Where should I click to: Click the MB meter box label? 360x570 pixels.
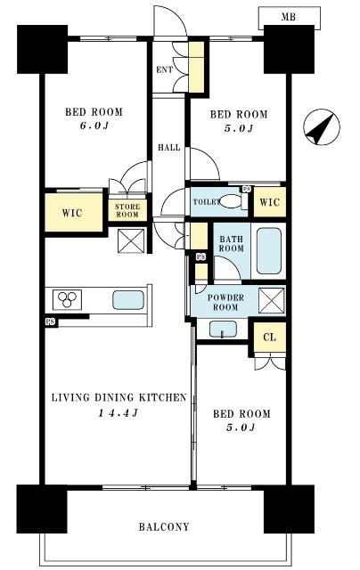[288, 17]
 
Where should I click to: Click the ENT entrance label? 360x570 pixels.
[164, 69]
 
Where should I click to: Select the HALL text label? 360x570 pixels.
[168, 147]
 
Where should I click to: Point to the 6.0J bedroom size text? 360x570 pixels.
[94, 126]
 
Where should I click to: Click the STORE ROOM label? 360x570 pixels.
[127, 210]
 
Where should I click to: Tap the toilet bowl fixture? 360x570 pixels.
[231, 201]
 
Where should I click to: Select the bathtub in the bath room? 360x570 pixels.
[269, 251]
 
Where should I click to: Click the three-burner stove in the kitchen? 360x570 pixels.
[67, 299]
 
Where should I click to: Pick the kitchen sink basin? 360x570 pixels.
[128, 300]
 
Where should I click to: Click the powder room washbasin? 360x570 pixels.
[223, 330]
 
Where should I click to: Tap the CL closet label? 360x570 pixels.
[269, 338]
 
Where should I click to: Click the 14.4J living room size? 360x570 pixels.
[118, 413]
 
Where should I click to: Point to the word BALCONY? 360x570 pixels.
[164, 526]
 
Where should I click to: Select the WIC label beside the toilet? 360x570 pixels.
[269, 202]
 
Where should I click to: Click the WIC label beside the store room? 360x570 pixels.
[72, 213]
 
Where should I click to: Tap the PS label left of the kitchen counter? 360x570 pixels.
[51, 322]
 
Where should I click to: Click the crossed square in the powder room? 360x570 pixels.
[272, 300]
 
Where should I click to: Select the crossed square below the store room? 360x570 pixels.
[131, 240]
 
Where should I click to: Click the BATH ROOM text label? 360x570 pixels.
[231, 243]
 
